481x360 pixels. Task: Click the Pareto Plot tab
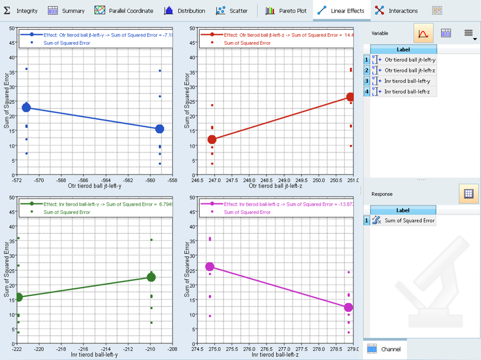285,11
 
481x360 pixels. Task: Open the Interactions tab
396,11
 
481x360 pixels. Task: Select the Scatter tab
231,11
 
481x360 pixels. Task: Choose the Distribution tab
184,11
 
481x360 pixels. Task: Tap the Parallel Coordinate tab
124,11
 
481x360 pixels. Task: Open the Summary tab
66,11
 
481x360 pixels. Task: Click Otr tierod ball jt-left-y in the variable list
410,60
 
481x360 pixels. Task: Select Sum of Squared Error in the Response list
410,221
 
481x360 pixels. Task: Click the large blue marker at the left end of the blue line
27,107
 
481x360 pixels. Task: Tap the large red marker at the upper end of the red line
350,97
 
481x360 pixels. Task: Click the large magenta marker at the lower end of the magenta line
348,307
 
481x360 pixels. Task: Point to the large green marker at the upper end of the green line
151,277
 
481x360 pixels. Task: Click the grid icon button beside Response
468,194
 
